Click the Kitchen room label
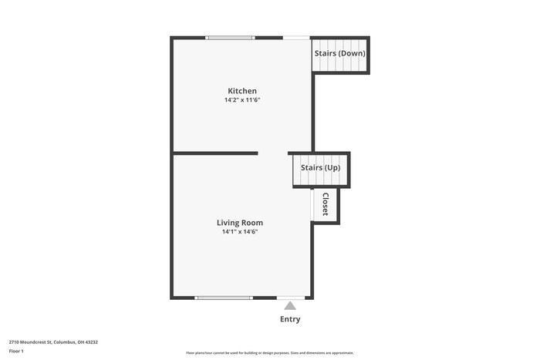pyautogui.click(x=241, y=91)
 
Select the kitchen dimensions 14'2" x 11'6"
pyautogui.click(x=241, y=100)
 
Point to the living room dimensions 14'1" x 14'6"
pyautogui.click(x=240, y=231)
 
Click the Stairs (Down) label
pyautogui.click(x=339, y=53)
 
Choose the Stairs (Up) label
pyautogui.click(x=320, y=167)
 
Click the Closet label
pyautogui.click(x=326, y=204)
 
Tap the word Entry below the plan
pyautogui.click(x=290, y=319)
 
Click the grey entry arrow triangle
pyautogui.click(x=290, y=306)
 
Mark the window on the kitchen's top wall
pyautogui.click(x=230, y=37)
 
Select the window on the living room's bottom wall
pyautogui.click(x=223, y=298)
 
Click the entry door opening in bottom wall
pyautogui.click(x=291, y=298)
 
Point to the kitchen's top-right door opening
pyautogui.click(x=296, y=37)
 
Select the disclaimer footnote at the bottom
pyautogui.click(x=270, y=353)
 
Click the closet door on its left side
pyautogui.click(x=312, y=205)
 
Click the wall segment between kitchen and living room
pyautogui.click(x=215, y=153)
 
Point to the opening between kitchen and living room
pyautogui.click(x=273, y=153)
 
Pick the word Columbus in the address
pyautogui.click(x=63, y=341)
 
